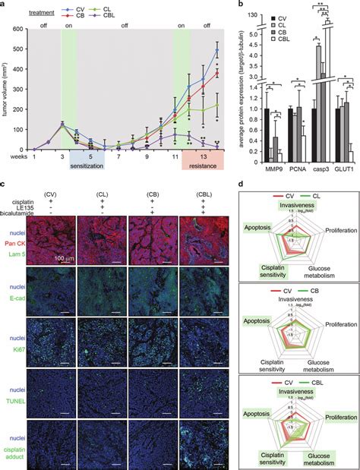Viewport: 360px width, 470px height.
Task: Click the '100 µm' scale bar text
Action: (63, 226)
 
